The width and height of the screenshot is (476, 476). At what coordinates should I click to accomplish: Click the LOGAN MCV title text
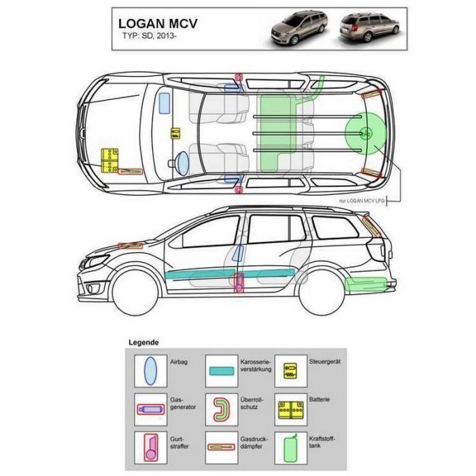pos(158,24)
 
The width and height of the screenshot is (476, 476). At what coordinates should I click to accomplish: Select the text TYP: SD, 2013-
pos(150,36)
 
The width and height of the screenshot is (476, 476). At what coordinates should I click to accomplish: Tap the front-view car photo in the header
pos(298,28)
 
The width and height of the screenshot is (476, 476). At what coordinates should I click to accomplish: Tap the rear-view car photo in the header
pos(369,27)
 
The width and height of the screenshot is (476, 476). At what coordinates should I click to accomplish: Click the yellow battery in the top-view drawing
pos(109,161)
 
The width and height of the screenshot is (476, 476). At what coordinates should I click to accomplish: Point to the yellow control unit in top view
pos(175,133)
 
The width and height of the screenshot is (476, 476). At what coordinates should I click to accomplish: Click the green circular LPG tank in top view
pos(366,133)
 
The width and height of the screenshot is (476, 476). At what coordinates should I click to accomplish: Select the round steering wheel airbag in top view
pos(182,163)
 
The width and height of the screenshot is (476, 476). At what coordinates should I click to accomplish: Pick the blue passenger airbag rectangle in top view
pos(165,103)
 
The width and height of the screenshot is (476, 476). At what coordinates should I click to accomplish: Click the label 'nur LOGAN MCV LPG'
pos(362,201)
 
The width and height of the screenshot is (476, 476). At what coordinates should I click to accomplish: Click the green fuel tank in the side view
pos(366,285)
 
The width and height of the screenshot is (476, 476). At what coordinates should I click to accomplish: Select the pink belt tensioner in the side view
pos(239,283)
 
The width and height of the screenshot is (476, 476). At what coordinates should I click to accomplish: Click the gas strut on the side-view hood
pos(131,245)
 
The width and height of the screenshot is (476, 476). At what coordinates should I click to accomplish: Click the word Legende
pos(143,343)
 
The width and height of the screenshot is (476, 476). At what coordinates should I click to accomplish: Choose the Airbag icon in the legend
pos(150,371)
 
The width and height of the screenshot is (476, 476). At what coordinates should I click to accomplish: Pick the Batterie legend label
pos(320,399)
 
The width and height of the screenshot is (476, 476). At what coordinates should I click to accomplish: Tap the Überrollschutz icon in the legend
pos(222,409)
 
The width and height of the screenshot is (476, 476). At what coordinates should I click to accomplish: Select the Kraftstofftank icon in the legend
pos(290,449)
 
